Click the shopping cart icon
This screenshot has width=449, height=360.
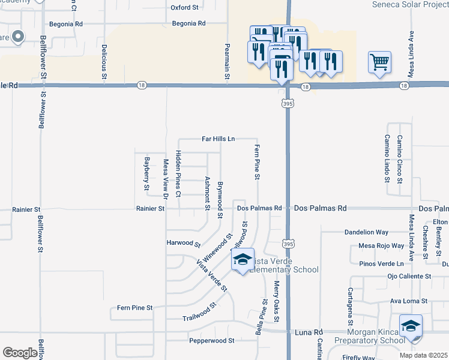coord(379,61)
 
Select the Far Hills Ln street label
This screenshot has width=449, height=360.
coord(218,139)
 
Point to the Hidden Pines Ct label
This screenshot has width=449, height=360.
coord(178,174)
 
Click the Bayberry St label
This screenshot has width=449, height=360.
coord(146,174)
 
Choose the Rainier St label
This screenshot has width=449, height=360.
coord(148,209)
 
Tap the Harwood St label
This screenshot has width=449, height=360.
coord(184,244)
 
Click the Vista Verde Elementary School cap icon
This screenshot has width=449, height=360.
coord(243,259)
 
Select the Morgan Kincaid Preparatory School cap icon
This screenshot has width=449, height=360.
coord(411,326)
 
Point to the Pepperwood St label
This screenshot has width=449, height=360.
coord(211,340)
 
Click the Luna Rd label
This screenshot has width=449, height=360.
coord(310,332)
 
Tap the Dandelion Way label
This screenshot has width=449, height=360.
coord(367,232)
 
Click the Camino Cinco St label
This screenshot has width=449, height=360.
coord(399,159)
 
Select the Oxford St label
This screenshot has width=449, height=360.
coord(184,8)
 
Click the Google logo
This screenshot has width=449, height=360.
coord(20,353)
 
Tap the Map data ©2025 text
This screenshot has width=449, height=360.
coord(423,355)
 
